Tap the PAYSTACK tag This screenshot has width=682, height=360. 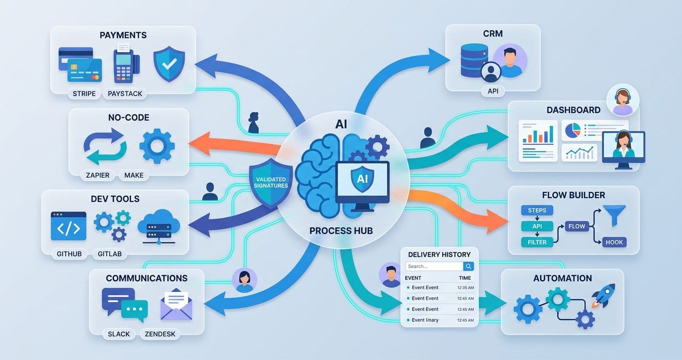pos(125,93)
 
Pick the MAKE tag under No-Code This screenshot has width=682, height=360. pos(134,175)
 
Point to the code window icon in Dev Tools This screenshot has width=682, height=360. pos(68,226)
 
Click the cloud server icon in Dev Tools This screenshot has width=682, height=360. pos(159,225)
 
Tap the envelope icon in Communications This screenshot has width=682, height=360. pos(176,304)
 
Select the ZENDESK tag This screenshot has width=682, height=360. pos(160,334)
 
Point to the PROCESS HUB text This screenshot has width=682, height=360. pos(341,231)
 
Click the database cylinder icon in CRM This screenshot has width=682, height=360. pos(474,60)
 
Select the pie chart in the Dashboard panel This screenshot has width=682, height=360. pos(572,129)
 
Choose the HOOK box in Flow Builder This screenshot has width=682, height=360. pos(614,242)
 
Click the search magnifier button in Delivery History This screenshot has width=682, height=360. pos(469,266)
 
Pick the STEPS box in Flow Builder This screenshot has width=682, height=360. pos(537,210)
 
